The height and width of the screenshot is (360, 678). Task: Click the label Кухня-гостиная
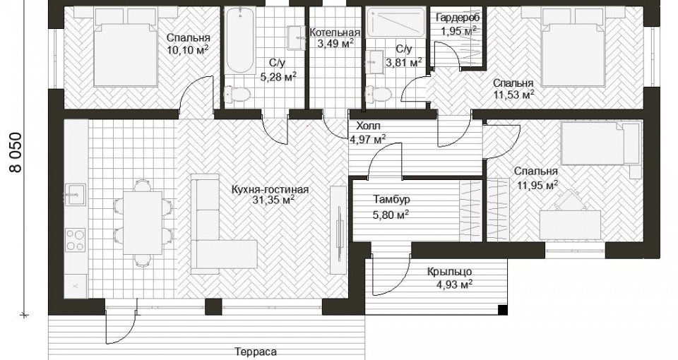coord(270,190)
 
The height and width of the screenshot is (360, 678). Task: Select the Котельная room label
coord(335,33)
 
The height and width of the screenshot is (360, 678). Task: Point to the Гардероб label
coord(458,18)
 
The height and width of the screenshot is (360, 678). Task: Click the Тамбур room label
coord(391,200)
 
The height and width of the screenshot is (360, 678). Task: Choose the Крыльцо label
coord(449,272)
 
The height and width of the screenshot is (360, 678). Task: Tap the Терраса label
coord(256,352)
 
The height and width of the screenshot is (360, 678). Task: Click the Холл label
coord(368,126)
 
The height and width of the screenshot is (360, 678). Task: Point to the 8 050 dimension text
coord(16,152)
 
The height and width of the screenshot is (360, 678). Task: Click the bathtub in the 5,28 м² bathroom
coord(240,41)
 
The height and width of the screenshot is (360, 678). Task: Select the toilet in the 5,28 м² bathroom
coord(237,94)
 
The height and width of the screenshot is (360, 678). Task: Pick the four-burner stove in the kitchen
coord(76,240)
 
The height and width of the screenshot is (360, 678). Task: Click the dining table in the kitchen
coord(143,222)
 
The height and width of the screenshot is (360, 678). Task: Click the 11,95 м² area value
coord(537,186)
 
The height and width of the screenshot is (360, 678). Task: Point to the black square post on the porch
coord(502,310)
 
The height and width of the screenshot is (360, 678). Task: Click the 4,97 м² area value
coord(367,139)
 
